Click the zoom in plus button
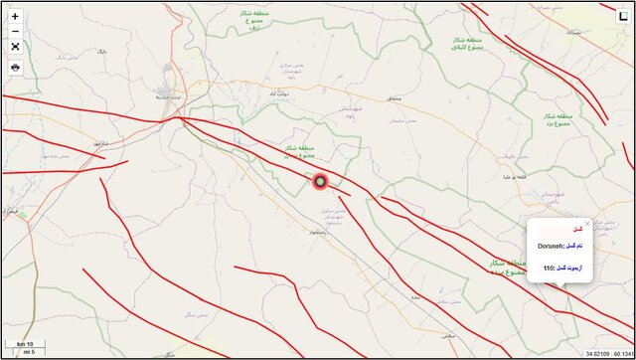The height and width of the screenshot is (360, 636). (15, 17)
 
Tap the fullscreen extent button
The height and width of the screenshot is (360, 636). (15, 46)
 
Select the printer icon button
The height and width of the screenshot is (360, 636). (15, 67)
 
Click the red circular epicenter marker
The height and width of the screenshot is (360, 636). (320, 182)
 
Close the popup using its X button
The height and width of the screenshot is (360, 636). (586, 224)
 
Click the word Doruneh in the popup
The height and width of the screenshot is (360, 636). (552, 246)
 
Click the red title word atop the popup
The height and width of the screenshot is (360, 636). (577, 230)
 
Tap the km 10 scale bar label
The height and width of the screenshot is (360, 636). (25, 344)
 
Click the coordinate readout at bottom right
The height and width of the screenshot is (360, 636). (605, 353)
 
